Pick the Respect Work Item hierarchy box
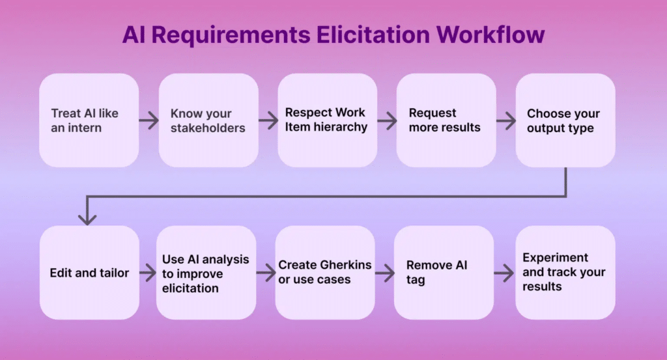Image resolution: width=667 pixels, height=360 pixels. tap(327, 120)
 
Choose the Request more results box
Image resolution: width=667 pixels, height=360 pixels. tap(446, 120)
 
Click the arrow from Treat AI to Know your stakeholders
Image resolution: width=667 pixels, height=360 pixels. tap(149, 120)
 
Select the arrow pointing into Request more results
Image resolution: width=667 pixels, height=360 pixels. tap(387, 120)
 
